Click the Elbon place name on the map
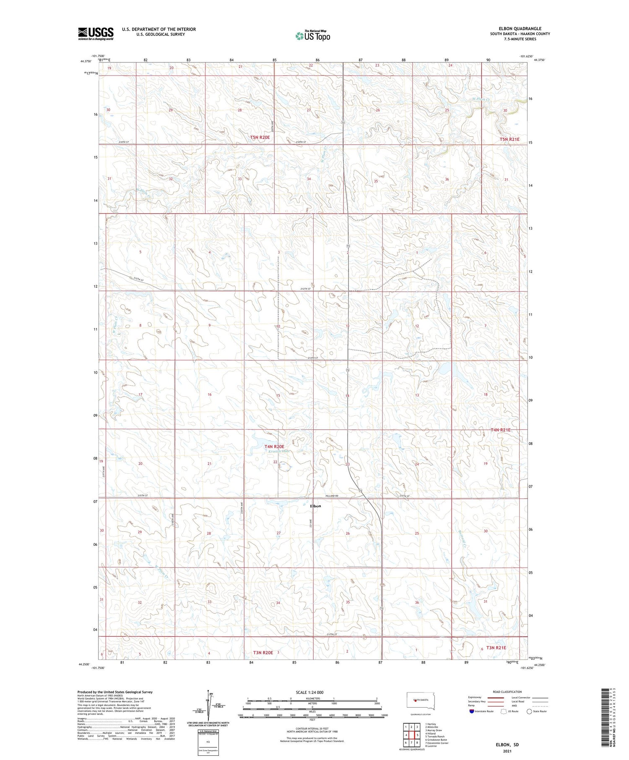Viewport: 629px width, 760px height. tap(315, 506)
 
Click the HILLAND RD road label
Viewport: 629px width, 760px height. tap(331, 495)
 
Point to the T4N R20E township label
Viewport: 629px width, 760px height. tap(274, 446)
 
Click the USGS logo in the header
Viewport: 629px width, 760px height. tap(96, 34)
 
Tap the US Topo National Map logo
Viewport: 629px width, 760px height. tap(313, 36)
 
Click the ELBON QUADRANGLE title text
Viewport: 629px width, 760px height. tap(514, 29)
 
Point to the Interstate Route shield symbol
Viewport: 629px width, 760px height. tap(472, 711)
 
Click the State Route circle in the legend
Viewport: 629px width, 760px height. tap(529, 711)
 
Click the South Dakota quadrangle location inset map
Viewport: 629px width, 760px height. tap(421, 701)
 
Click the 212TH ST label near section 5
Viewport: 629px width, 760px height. tap(138, 279)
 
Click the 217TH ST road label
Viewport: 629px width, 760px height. tap(331, 635)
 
